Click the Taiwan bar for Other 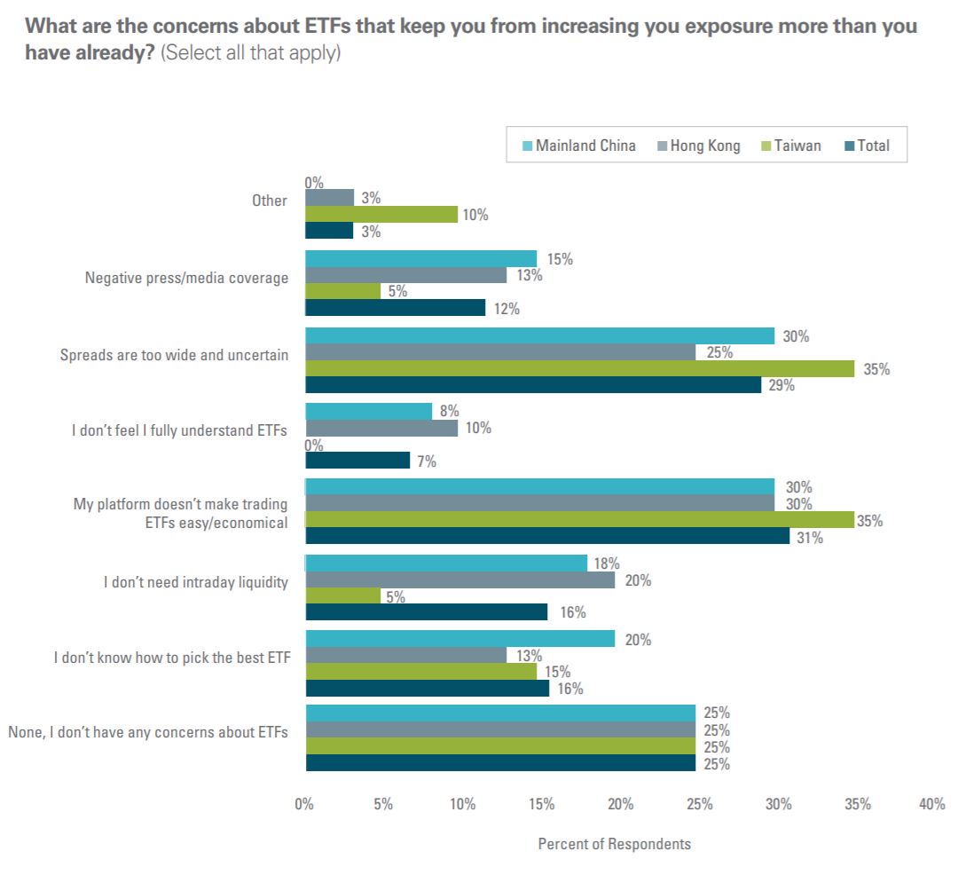click(x=381, y=214)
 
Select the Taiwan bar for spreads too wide click(x=580, y=368)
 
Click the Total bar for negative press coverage click(x=396, y=308)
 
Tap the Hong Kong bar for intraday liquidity click(x=460, y=580)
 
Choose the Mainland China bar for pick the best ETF click(x=460, y=639)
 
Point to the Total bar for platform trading click(x=547, y=537)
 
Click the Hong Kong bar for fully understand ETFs click(x=381, y=428)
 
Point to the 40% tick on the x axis click(x=932, y=804)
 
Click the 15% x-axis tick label click(x=542, y=804)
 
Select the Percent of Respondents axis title click(x=614, y=844)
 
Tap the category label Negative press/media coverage click(x=186, y=278)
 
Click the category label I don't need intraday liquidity click(x=195, y=583)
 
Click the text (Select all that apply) click(x=252, y=53)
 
